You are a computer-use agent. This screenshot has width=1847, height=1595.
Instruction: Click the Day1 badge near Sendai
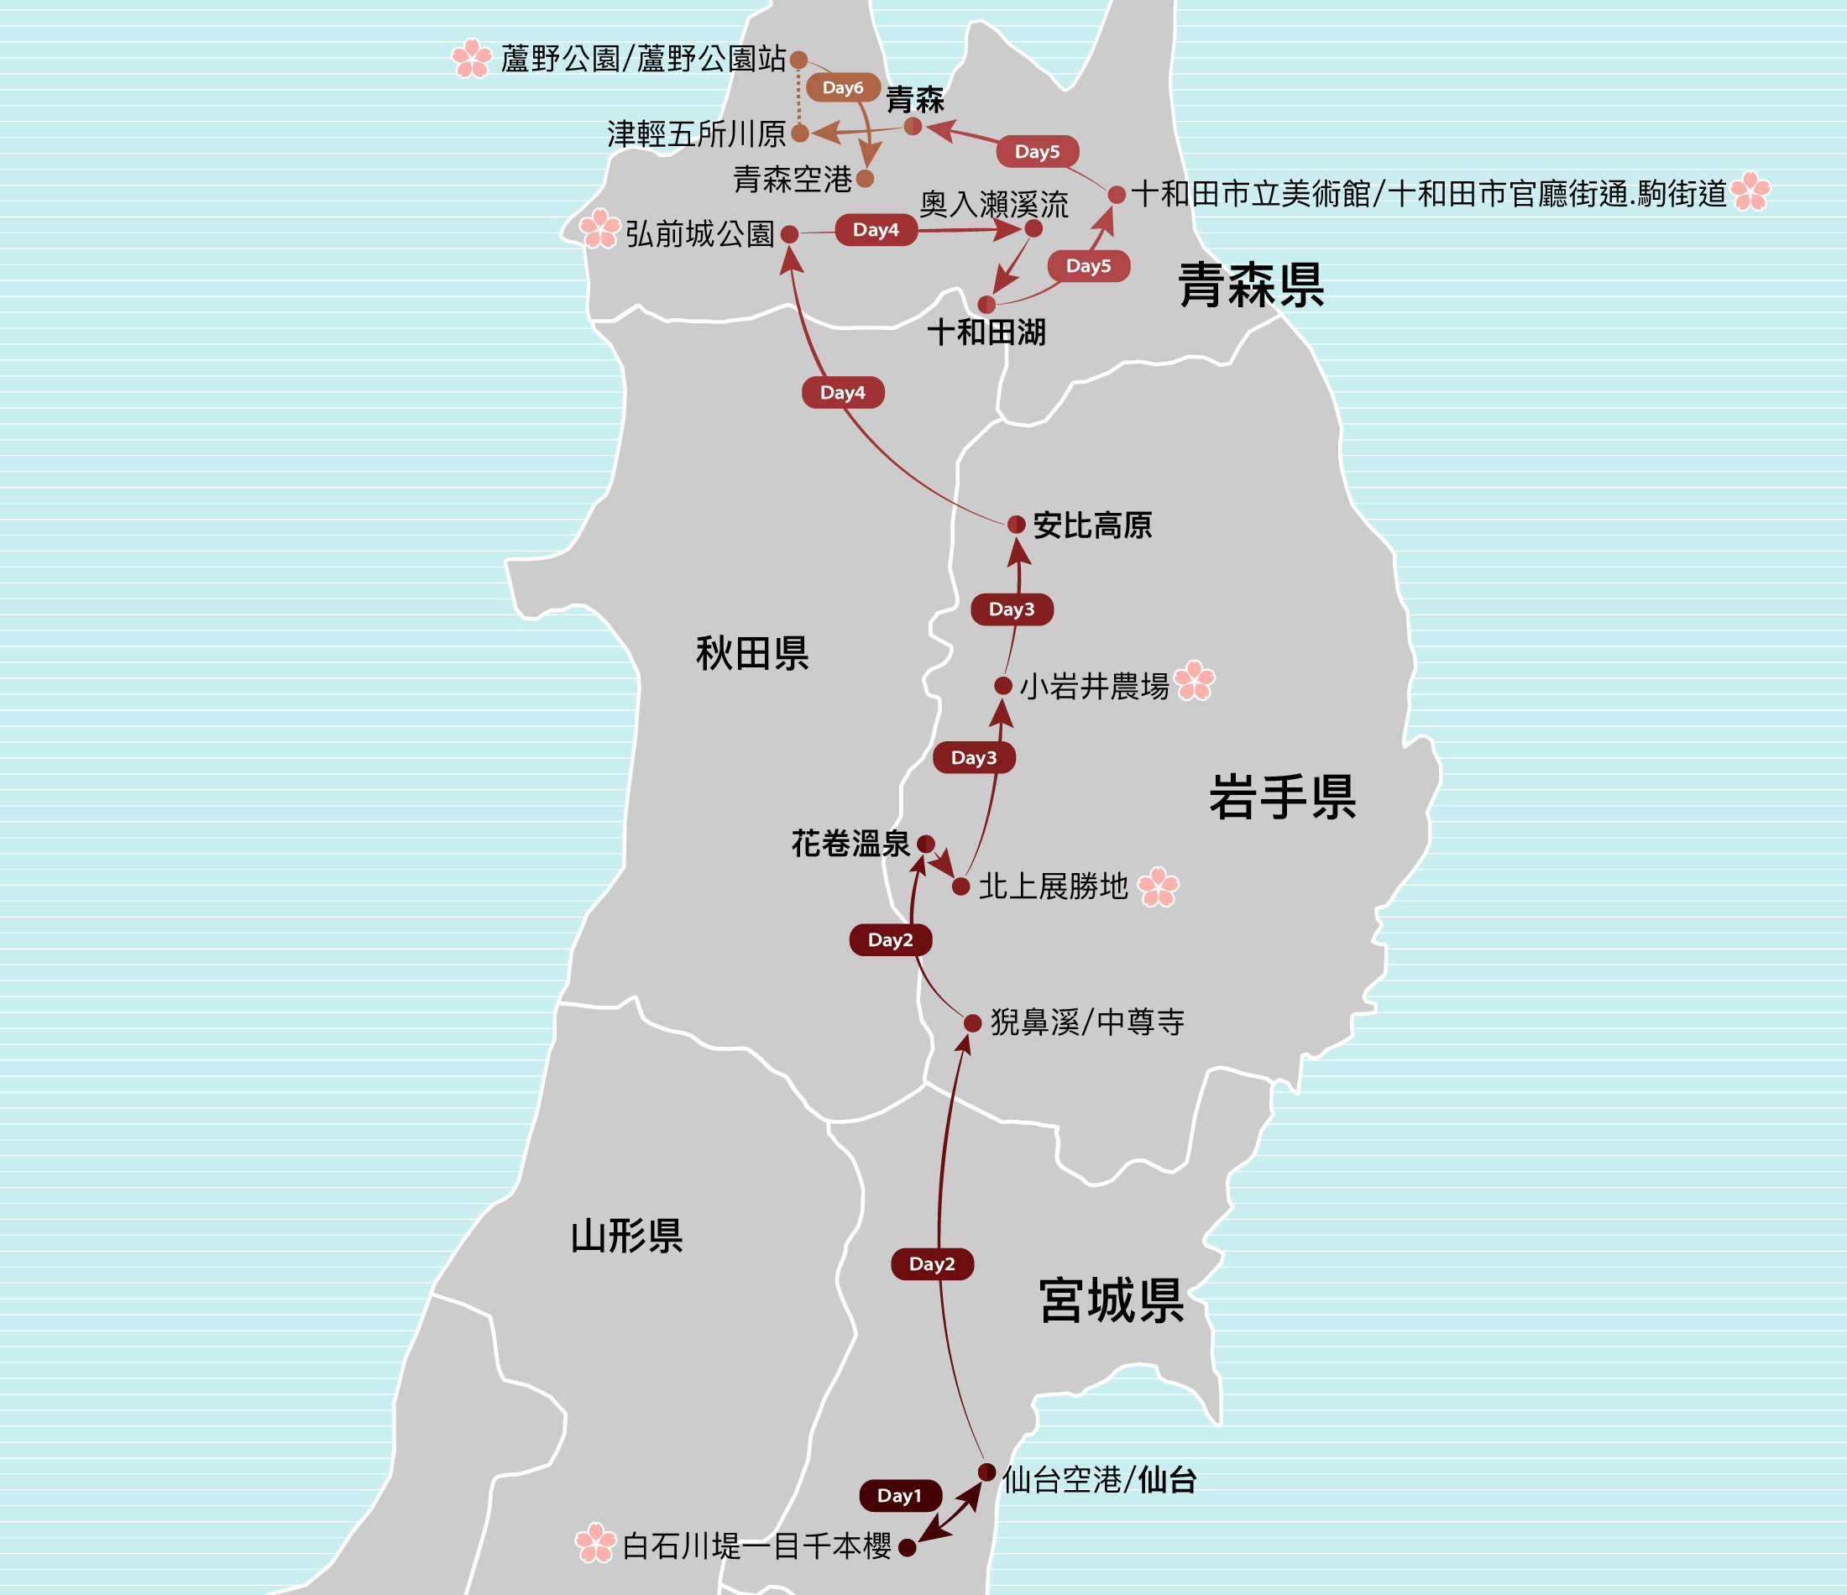point(900,1496)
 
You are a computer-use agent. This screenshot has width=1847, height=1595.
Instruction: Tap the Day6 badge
point(842,87)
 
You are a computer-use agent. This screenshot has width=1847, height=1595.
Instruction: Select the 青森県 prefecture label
point(1251,285)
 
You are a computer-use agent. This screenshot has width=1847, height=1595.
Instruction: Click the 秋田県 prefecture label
point(752,653)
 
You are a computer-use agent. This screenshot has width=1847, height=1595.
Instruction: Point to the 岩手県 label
point(1282,796)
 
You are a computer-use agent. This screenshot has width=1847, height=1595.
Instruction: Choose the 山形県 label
point(626,1237)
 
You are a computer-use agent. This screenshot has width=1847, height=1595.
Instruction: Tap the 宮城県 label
point(1112,1301)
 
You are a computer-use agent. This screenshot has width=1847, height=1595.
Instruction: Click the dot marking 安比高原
point(1016,524)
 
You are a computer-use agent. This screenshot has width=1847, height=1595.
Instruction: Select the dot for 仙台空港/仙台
point(986,1472)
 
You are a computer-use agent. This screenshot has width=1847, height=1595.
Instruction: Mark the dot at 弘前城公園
point(790,234)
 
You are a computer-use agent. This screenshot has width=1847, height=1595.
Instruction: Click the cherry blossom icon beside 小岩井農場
point(1195,681)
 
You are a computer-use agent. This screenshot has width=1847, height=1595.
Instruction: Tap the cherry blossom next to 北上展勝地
point(1159,886)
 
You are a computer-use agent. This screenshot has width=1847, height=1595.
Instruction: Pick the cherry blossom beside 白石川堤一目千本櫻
point(595,1543)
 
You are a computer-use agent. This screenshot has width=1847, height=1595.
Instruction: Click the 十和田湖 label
point(986,332)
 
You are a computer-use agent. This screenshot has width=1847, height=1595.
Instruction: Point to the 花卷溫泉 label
point(850,844)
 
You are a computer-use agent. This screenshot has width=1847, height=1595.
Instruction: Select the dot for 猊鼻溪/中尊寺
point(972,1022)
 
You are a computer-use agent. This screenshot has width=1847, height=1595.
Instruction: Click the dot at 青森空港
point(865,179)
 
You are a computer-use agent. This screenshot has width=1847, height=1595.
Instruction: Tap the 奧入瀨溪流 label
point(993,204)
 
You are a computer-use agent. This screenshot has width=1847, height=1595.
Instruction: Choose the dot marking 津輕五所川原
point(800,133)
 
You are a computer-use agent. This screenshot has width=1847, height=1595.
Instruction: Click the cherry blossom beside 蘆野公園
point(472,59)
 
